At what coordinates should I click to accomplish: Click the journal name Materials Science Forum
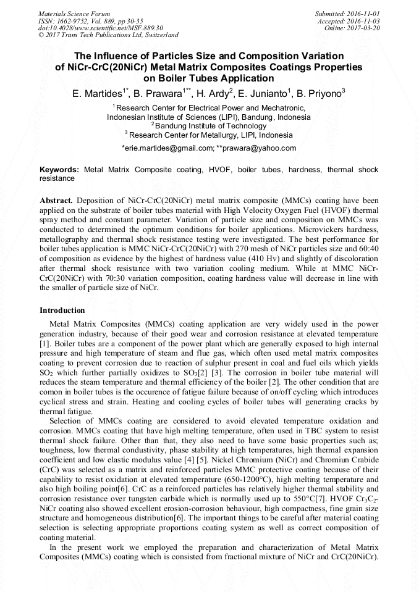74,14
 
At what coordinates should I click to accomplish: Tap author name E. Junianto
263,94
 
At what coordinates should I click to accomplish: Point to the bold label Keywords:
59,169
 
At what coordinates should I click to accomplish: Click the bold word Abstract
56,201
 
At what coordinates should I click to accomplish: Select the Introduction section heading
62,311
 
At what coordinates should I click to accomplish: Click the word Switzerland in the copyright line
158,35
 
